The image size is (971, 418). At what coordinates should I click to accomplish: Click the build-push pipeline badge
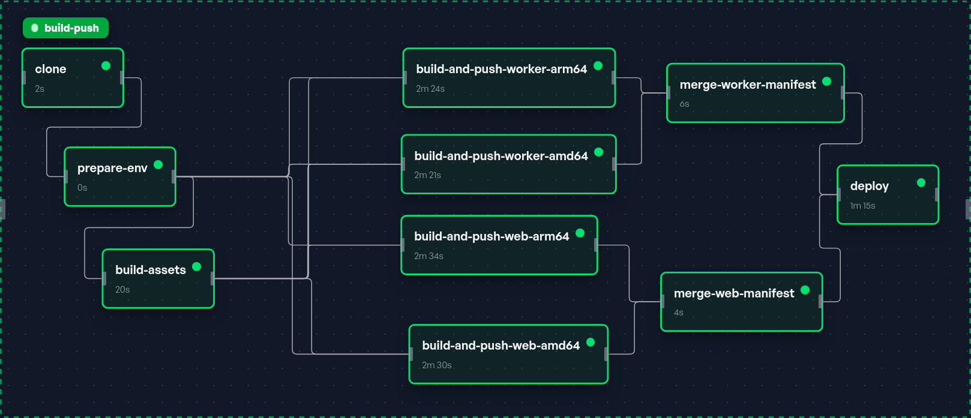[65, 28]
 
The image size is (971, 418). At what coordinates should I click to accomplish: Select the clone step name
[51, 69]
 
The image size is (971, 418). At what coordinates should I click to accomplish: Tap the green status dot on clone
[106, 66]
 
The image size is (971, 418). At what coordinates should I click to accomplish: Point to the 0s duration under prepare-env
[82, 188]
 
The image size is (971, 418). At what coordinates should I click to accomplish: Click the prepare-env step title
[112, 168]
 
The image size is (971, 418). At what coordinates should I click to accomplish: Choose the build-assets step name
[151, 270]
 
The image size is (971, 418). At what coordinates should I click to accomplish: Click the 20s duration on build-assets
[122, 289]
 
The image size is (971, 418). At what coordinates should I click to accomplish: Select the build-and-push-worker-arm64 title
[502, 69]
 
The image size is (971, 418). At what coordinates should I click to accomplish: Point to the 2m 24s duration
[430, 89]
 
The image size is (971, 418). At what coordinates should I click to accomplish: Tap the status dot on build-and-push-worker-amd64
[599, 152]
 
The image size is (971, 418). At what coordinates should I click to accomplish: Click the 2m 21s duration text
[427, 175]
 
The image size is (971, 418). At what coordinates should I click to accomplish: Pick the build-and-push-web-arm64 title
[492, 236]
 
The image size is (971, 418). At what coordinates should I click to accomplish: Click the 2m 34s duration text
[428, 256]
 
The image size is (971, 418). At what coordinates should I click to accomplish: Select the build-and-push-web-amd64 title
[501, 345]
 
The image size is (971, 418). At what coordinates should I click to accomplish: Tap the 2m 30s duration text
[437, 365]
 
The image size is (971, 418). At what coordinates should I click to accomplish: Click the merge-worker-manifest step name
[748, 85]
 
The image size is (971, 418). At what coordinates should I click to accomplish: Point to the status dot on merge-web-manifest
[805, 290]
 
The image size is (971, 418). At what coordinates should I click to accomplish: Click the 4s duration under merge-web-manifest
[679, 312]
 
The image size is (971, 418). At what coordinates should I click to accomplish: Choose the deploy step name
[870, 187]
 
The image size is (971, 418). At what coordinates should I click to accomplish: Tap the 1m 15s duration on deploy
[862, 206]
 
